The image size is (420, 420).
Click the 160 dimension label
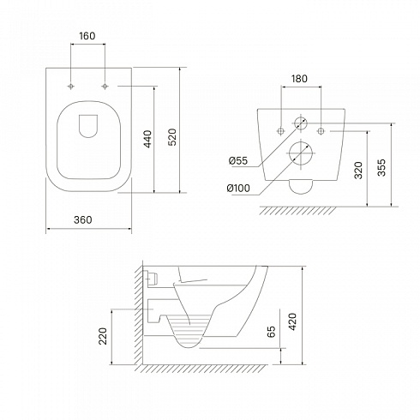coord(87,36)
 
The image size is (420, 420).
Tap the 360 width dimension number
coord(83,219)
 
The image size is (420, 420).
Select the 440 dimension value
coord(147,139)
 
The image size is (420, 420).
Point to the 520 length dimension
coord(172,137)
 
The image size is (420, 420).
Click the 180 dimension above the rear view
coord(299,79)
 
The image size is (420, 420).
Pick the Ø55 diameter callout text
coord(238,161)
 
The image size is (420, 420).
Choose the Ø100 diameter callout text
coord(238,189)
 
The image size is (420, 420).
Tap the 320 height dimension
coord(358,171)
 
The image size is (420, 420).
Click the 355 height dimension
coord(381,167)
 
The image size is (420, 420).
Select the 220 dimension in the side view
coord(103,336)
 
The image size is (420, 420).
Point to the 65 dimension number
coord(271,332)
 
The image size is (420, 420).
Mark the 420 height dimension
coord(292,321)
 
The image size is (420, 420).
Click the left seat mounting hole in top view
coord(70,86)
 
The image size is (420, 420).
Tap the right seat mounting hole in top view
coord(105,86)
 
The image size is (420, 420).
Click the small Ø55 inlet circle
coord(301,123)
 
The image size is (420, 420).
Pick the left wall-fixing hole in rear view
coord(281,131)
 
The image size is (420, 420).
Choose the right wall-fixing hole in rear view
coord(321,131)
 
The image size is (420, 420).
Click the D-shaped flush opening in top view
coord(88,126)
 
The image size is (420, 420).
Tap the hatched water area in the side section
coord(189,328)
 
